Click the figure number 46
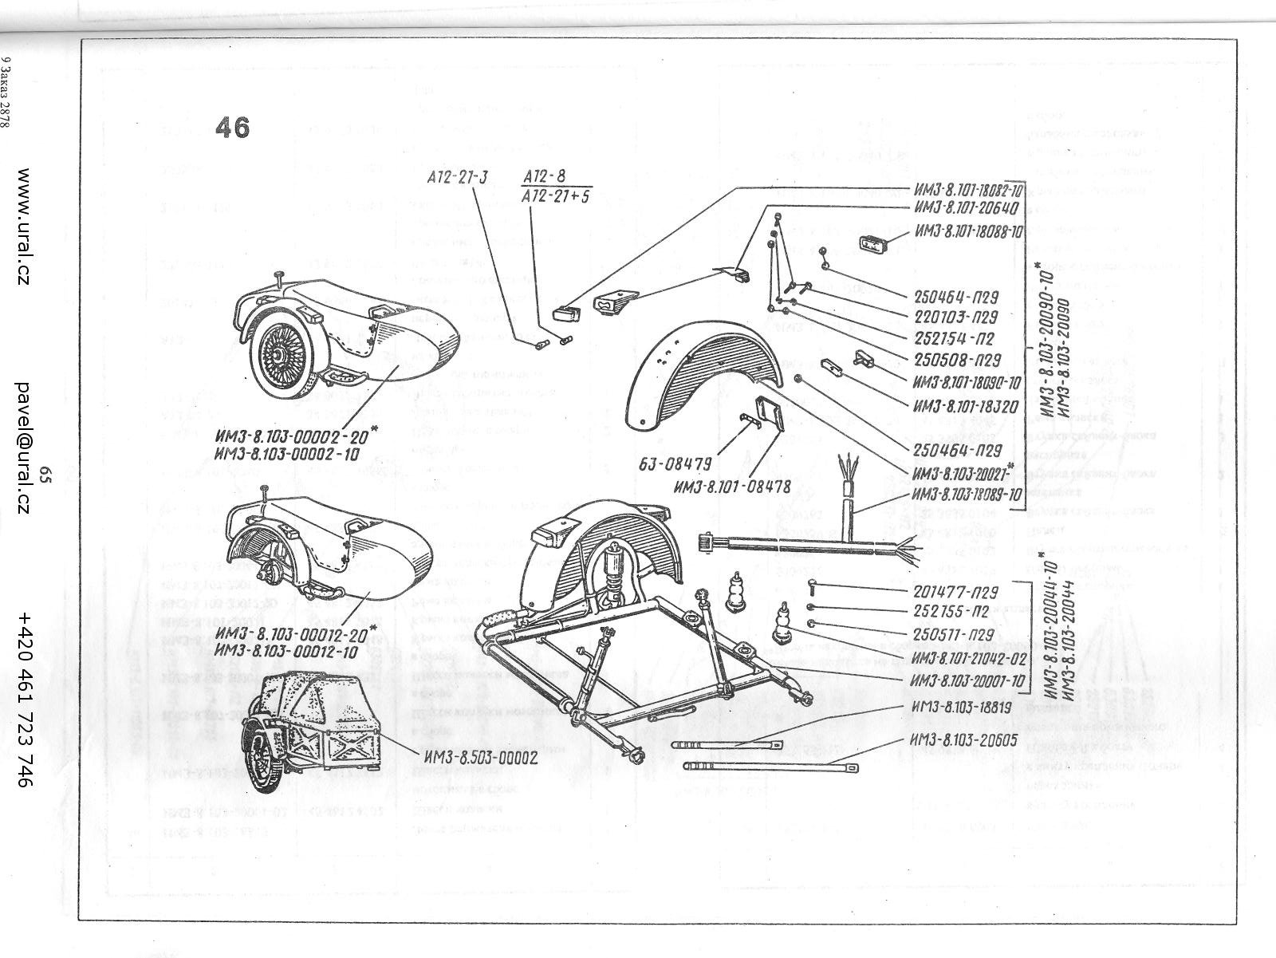pos(232,128)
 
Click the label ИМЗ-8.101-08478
pos(732,486)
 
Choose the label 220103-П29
pos(957,315)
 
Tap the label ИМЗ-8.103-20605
pos(963,739)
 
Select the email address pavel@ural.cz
pos(24,447)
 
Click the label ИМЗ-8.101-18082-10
pos(967,191)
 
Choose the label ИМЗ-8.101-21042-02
pos(967,659)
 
